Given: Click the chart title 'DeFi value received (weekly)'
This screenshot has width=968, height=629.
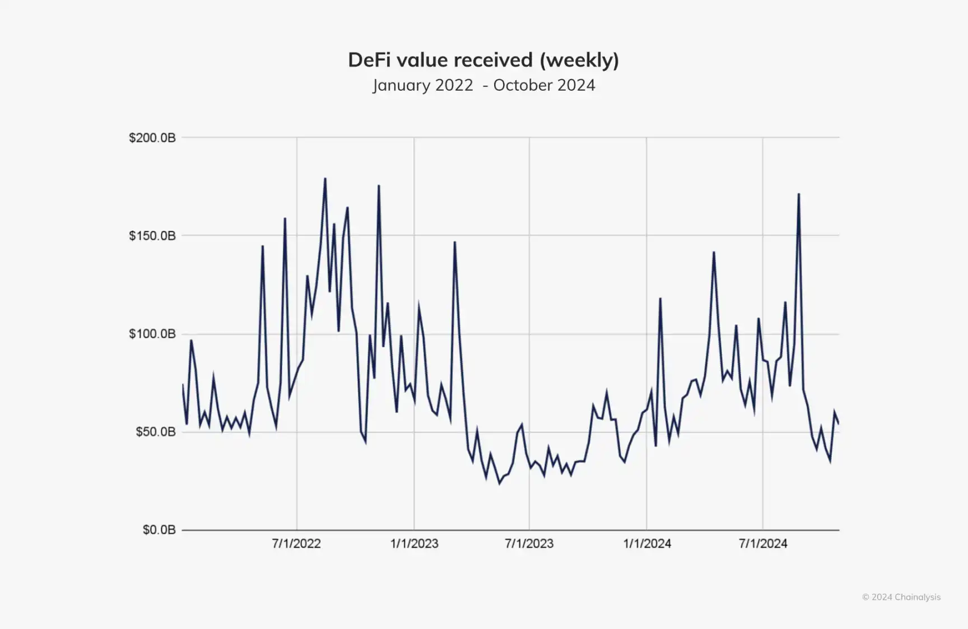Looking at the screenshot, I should pyautogui.click(x=483, y=60).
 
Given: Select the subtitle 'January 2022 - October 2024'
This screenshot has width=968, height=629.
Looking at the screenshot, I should pyautogui.click(x=483, y=85).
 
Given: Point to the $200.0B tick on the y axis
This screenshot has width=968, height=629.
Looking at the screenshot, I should pyautogui.click(x=152, y=138).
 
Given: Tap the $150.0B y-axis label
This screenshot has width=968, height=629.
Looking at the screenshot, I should pyautogui.click(x=152, y=236).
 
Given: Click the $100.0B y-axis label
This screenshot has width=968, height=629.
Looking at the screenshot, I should pyautogui.click(x=152, y=334).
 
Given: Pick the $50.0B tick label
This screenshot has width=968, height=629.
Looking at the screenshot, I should pyautogui.click(x=155, y=432).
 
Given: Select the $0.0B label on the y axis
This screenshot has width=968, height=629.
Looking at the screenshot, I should pyautogui.click(x=159, y=530).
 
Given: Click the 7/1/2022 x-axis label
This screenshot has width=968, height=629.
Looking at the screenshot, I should pyautogui.click(x=296, y=543).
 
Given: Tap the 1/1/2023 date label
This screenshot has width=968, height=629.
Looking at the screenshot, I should pyautogui.click(x=414, y=543).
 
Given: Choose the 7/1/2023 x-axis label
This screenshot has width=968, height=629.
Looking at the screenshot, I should pyautogui.click(x=529, y=543).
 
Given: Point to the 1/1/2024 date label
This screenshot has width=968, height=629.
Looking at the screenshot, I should pyautogui.click(x=647, y=543).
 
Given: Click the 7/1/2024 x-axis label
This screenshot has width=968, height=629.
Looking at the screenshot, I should pyautogui.click(x=763, y=543).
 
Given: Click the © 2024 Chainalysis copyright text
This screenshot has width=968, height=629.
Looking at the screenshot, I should pyautogui.click(x=901, y=597).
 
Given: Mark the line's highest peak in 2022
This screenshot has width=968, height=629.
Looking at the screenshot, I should pyautogui.click(x=325, y=179).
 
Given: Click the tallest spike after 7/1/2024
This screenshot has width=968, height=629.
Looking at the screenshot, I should pyautogui.click(x=799, y=194).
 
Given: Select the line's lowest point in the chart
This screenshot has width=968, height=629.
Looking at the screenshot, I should pyautogui.click(x=500, y=483).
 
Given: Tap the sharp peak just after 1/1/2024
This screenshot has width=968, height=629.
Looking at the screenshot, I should pyautogui.click(x=660, y=299).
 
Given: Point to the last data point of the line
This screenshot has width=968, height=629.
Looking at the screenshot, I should pyautogui.click(x=839, y=424).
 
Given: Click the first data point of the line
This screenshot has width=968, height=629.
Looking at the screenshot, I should pyautogui.click(x=183, y=384).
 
